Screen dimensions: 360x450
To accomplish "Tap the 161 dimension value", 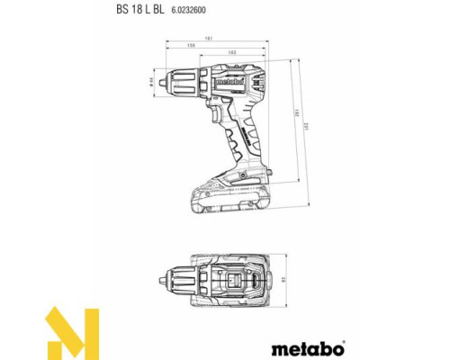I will [x=207, y=37].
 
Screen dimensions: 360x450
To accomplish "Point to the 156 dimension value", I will [x=192, y=45].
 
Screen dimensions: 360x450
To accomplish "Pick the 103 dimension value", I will [x=232, y=53].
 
